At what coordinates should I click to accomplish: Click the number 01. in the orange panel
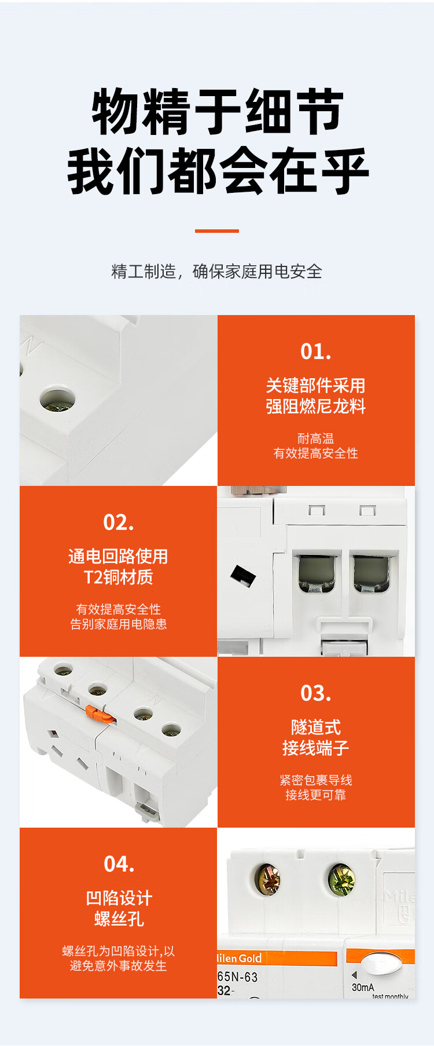click(315, 352)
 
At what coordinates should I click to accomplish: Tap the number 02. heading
click(118, 522)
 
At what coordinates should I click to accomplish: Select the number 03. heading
click(315, 693)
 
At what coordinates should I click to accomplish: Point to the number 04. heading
click(119, 864)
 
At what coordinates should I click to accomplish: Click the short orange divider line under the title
click(217, 231)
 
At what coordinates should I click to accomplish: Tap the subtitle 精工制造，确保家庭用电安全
click(217, 271)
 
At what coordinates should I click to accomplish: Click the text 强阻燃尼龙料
click(315, 406)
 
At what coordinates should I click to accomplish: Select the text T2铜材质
click(119, 577)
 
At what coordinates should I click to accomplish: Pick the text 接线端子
click(315, 748)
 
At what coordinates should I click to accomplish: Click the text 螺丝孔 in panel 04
click(119, 919)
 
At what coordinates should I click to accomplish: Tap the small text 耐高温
click(315, 438)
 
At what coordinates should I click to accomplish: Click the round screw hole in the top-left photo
click(57, 400)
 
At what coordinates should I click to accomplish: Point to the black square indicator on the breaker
click(243, 576)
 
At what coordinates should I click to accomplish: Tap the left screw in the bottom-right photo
click(268, 880)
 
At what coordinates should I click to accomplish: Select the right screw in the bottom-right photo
click(341, 879)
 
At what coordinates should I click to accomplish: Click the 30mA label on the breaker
click(363, 987)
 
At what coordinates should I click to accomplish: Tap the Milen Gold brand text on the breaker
click(239, 959)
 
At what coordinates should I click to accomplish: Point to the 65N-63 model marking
click(237, 976)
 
